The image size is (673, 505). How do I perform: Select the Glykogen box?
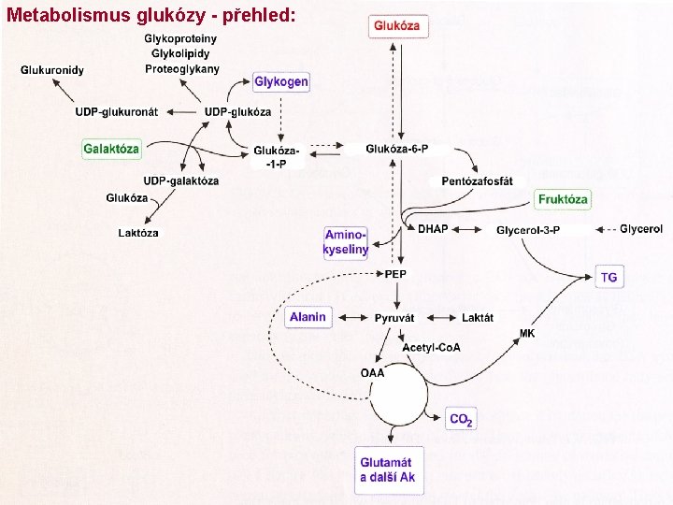pos(281,82)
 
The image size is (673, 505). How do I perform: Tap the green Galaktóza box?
pos(111,149)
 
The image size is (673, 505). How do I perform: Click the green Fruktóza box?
pos(564,199)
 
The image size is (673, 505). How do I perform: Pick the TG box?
pos(609,277)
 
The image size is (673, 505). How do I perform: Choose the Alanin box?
pos(308,317)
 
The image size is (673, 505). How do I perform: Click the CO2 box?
pos(461,420)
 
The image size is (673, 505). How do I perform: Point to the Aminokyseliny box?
pos(346,242)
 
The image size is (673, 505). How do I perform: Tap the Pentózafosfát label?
pos(477,180)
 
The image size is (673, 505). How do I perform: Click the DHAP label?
pos(432,229)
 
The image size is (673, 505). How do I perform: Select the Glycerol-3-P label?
pos(528,229)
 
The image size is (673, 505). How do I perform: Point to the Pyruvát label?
pos(394,318)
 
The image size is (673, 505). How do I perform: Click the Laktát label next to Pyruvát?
pos(477,318)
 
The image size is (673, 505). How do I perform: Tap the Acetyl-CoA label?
pos(431,348)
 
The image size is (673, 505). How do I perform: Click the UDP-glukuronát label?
pos(117,112)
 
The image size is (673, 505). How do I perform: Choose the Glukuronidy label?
pos(52,69)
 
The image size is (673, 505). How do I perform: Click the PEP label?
pos(395,274)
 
